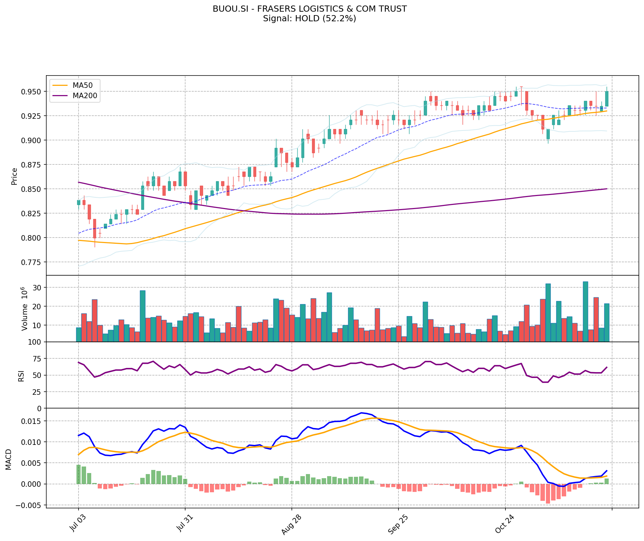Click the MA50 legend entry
pyautogui.click(x=82, y=85)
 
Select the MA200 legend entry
pyautogui.click(x=85, y=96)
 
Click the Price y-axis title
pyautogui.click(x=14, y=176)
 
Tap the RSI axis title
pyautogui.click(x=21, y=376)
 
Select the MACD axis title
pyautogui.click(x=9, y=459)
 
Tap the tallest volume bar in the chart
pyautogui.click(x=585, y=311)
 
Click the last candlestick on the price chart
pyautogui.click(x=607, y=99)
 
